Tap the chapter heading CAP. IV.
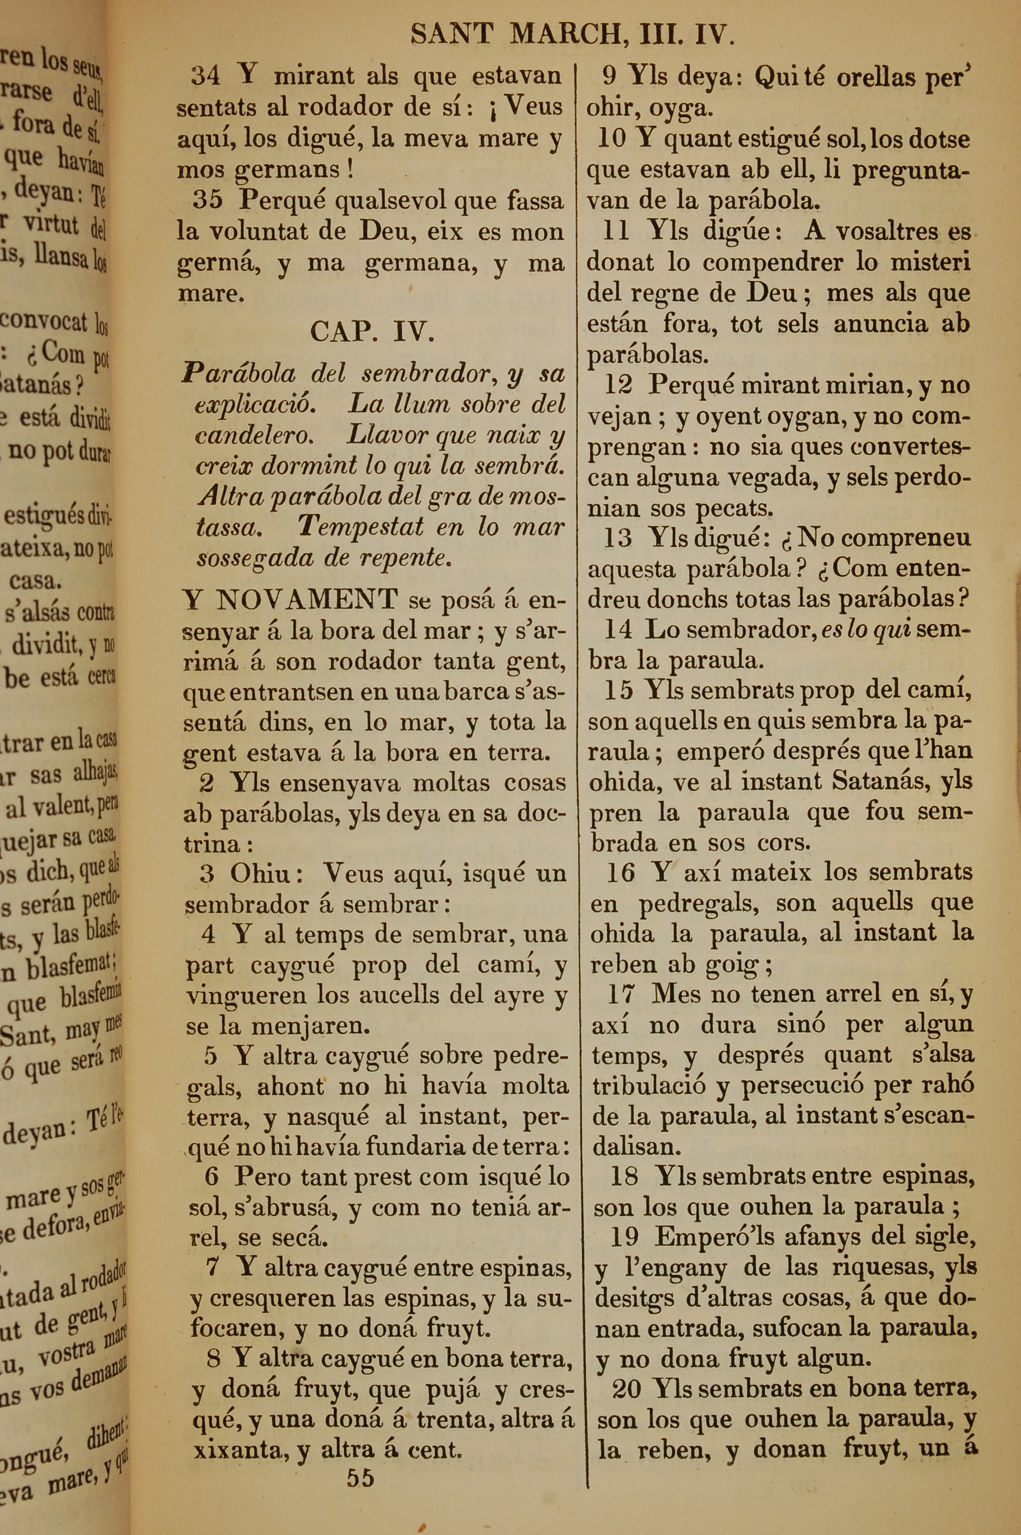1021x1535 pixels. [372, 332]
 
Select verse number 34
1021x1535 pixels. [205, 76]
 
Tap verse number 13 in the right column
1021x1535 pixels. [618, 538]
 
